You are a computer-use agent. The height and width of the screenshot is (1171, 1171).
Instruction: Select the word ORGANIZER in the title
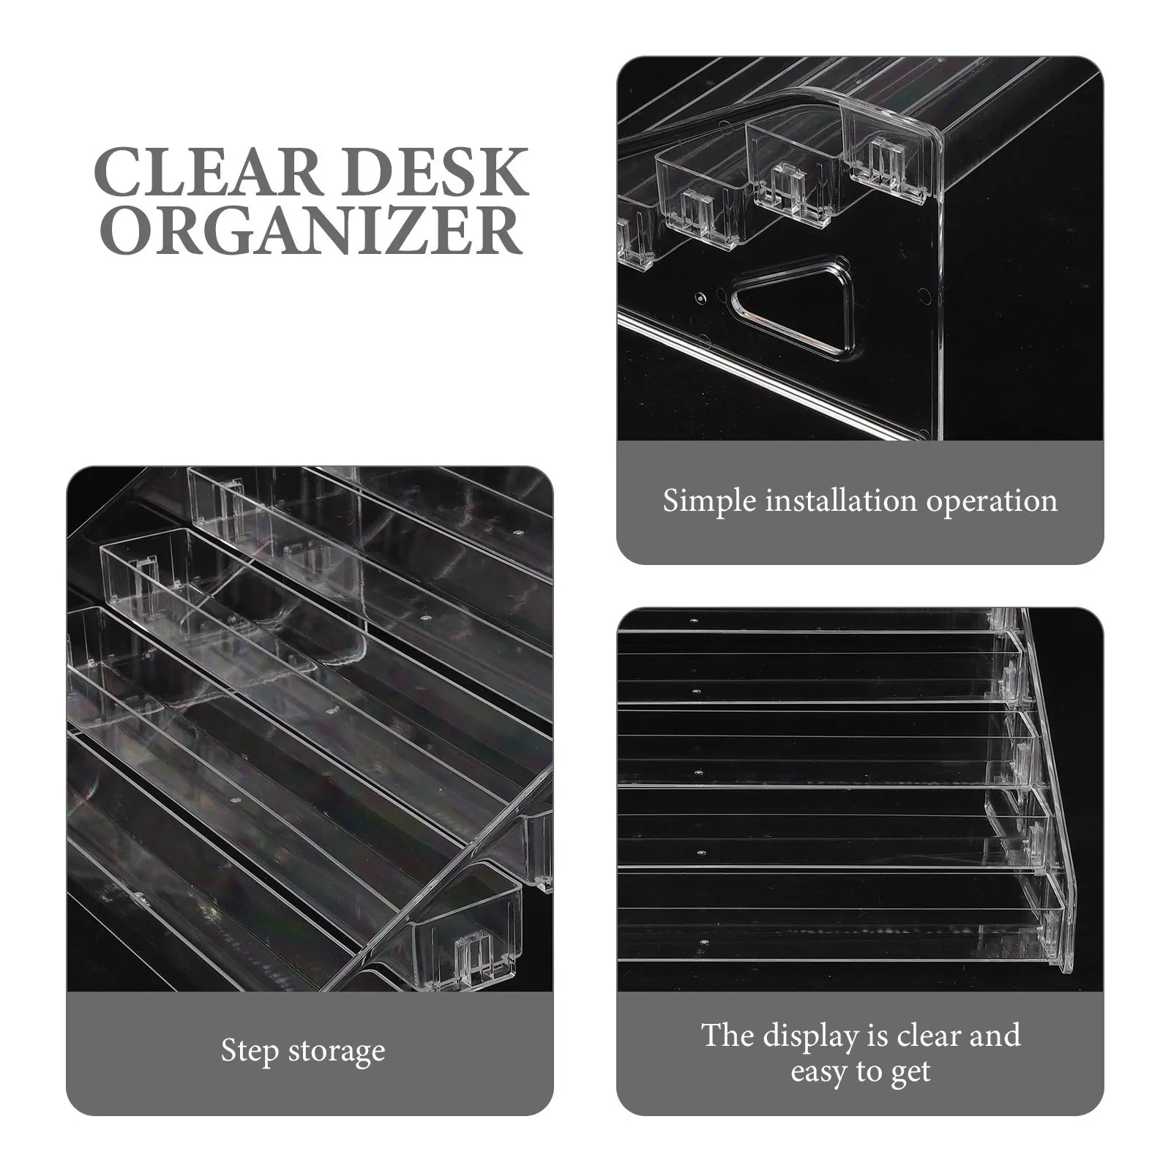click(x=310, y=231)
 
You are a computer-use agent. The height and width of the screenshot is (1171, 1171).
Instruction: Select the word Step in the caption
click(x=250, y=1052)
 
